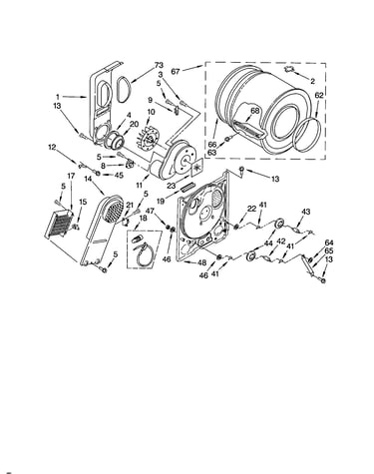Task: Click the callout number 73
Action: pos(159,65)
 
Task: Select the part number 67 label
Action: pos(177,71)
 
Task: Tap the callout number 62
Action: pos(318,96)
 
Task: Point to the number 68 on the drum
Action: pos(254,111)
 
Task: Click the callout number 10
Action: pos(151,112)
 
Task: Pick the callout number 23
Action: pos(172,186)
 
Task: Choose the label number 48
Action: pos(202,262)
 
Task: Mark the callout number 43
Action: pos(306,212)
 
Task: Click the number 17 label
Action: pos(72,176)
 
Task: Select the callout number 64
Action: pos(329,242)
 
